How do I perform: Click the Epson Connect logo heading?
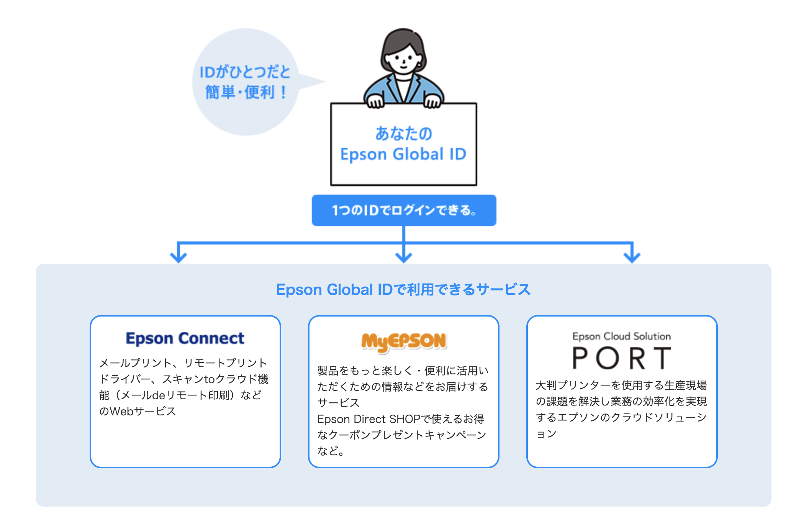[185, 338]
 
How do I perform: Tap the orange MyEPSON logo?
[404, 341]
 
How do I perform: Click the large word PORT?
[621, 359]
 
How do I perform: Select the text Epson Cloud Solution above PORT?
[621, 336]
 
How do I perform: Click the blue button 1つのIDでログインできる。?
[404, 210]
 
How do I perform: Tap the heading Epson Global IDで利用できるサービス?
[403, 290]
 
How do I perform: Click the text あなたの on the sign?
[404, 133]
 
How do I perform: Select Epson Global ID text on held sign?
[403, 154]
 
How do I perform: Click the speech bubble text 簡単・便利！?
[246, 92]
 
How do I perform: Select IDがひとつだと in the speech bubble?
[245, 72]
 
